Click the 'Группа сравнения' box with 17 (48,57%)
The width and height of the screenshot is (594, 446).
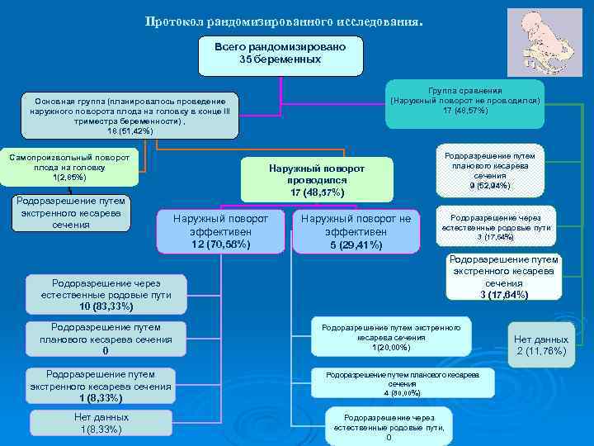[465, 102]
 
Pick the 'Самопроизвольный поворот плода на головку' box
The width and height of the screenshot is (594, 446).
[69, 167]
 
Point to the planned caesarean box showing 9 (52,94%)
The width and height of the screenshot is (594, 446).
[489, 171]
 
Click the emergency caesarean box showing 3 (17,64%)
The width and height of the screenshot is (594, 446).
[503, 277]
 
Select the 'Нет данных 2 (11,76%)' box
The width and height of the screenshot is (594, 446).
[540, 344]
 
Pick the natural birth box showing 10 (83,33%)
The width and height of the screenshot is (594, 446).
[106, 294]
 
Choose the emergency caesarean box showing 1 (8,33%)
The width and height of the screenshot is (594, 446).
[101, 386]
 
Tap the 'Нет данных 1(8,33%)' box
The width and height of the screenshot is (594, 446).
[101, 424]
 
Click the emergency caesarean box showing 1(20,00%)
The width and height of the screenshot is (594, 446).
[390, 336]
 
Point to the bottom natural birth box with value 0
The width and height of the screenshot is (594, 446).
[388, 426]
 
